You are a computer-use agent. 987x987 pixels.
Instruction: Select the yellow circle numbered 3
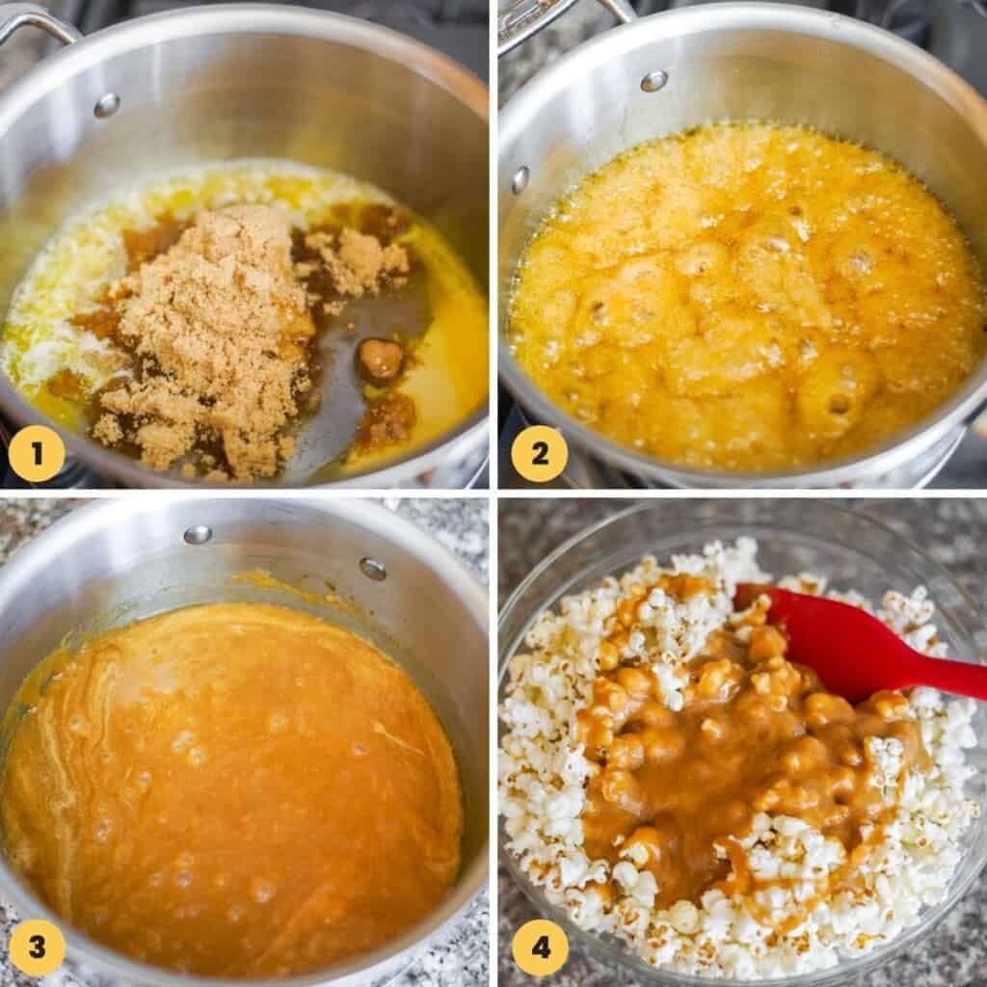[x=36, y=947]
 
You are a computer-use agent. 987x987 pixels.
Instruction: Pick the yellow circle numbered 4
[x=539, y=947]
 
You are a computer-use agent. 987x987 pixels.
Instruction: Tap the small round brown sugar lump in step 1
[x=380, y=359]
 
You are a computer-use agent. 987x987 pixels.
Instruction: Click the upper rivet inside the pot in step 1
[x=106, y=105]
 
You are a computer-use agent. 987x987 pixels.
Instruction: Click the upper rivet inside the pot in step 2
[x=654, y=81]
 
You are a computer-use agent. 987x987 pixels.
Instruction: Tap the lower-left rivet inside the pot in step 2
[x=520, y=178]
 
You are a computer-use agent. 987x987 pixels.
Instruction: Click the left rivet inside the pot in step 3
[x=198, y=534]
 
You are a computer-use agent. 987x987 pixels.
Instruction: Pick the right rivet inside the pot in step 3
[x=373, y=569]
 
